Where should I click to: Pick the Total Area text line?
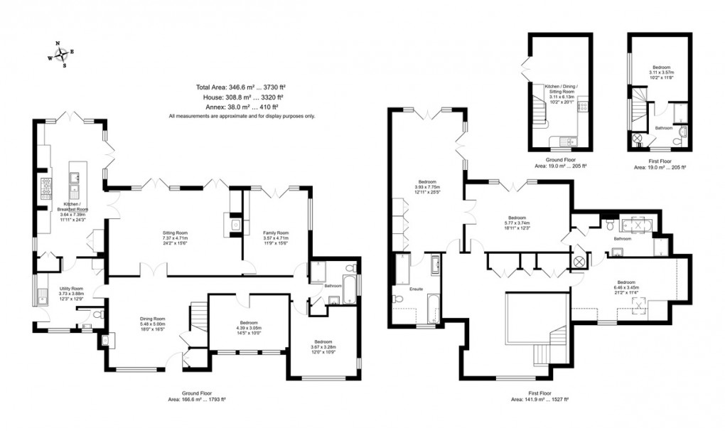tap(240, 87)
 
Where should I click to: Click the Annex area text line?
tap(240, 106)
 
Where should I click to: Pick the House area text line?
tap(240, 97)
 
